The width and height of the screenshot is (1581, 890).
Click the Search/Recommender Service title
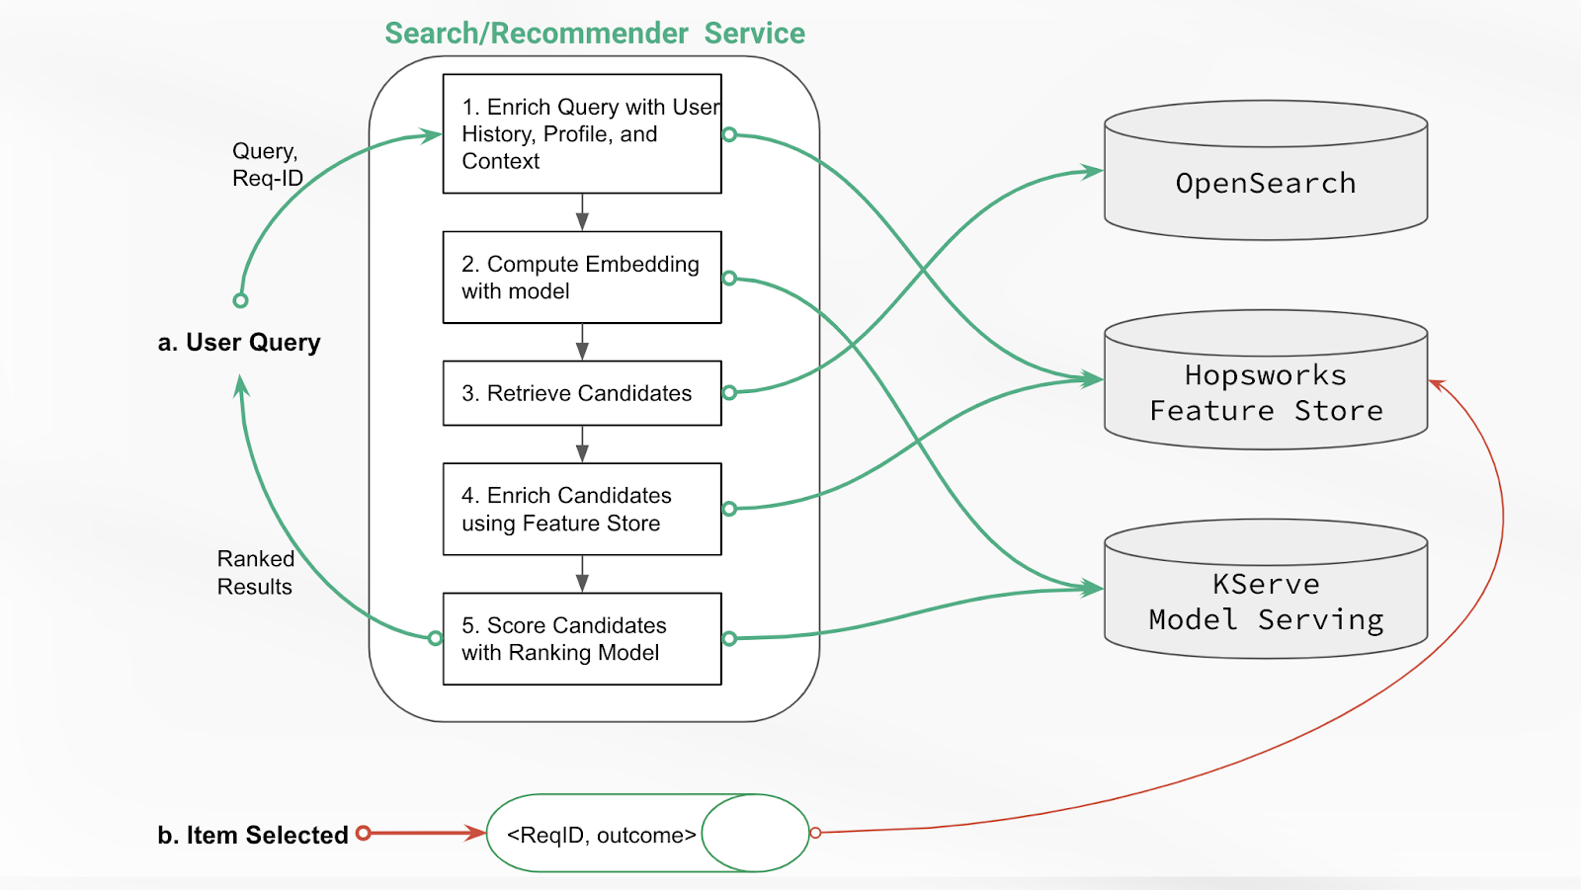pos(595,34)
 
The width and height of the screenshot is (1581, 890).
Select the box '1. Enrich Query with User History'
pos(582,133)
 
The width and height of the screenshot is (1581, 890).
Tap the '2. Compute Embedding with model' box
pos(582,278)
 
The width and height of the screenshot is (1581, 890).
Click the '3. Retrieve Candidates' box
pos(582,393)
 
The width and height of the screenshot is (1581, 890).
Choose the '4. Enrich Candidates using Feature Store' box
pos(582,509)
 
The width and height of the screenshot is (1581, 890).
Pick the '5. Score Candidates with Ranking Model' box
pos(582,638)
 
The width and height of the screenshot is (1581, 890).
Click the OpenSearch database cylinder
pos(1265,183)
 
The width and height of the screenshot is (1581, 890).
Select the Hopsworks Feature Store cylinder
pos(1265,393)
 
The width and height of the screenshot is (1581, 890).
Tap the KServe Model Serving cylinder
pos(1265,602)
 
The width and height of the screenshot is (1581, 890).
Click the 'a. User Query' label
pos(239,343)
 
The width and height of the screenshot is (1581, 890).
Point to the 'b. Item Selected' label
pos(253,835)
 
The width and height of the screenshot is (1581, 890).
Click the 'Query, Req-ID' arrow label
pos(266,164)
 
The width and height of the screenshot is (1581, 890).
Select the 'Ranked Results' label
pos(255,573)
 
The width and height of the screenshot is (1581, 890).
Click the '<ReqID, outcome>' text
pos(601,835)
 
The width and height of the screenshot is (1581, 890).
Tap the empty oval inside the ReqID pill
pos(755,833)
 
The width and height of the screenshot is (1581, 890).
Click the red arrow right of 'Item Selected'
pos(425,833)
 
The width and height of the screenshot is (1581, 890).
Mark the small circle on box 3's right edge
pos(729,393)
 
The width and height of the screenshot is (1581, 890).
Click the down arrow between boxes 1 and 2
pos(582,212)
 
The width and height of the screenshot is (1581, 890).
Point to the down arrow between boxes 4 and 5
pos(582,574)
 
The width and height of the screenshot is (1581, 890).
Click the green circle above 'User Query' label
pos(240,300)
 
